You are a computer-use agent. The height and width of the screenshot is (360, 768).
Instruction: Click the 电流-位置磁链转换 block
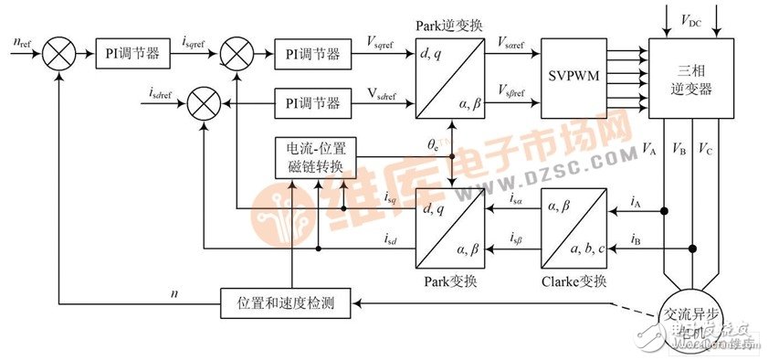click(314, 157)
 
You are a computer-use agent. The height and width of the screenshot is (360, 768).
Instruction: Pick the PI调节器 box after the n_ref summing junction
click(133, 54)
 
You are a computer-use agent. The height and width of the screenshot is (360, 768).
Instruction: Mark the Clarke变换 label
click(574, 280)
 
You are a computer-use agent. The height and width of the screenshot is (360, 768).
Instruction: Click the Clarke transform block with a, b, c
click(573, 225)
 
